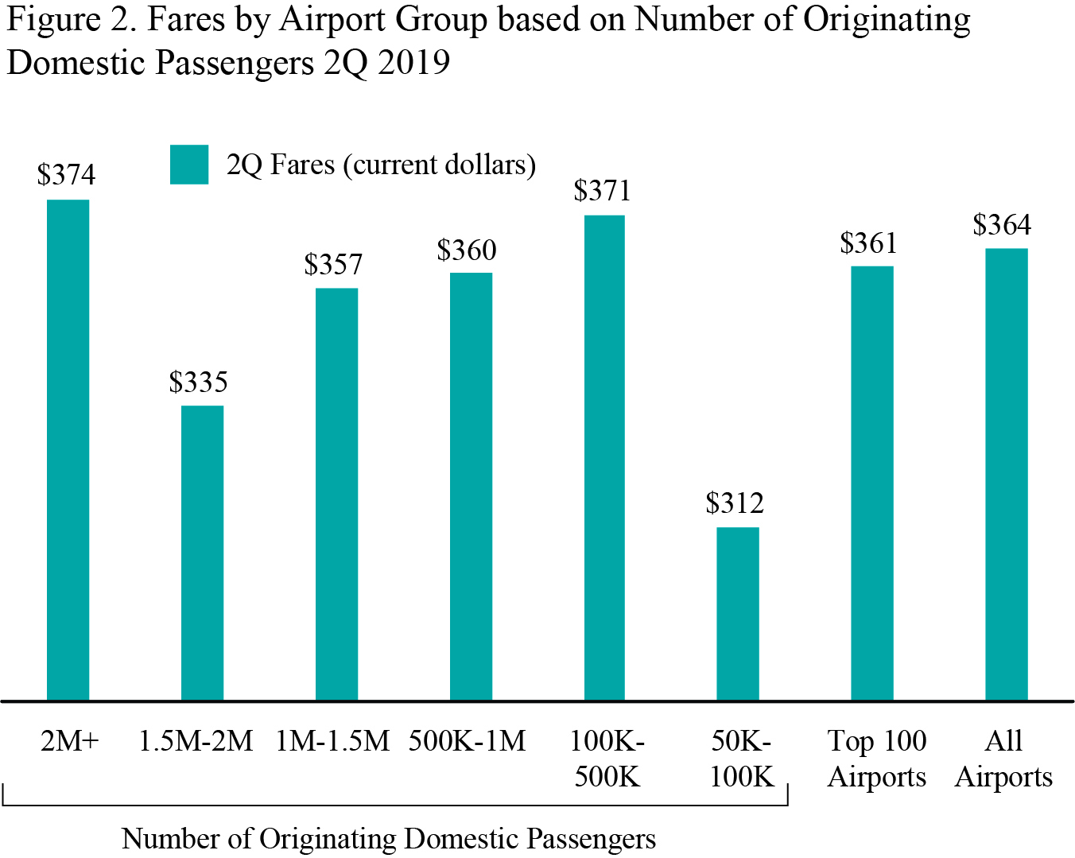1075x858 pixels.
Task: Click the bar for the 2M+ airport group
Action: pos(68,449)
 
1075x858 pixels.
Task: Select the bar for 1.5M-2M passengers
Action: pos(202,553)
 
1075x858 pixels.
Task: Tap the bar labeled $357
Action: pos(336,494)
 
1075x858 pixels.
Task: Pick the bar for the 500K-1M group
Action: pos(471,486)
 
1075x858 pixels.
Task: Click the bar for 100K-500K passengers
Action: pos(604,457)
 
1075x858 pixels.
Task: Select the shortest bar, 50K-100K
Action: pos(737,613)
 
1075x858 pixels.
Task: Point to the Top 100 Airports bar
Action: pos(871,483)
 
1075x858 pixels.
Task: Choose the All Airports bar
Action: pos(1006,474)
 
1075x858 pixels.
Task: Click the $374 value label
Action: pos(66,175)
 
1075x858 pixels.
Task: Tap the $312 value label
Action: pos(735,503)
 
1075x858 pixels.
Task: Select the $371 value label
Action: pos(602,191)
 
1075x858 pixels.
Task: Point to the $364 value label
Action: pos(1002,225)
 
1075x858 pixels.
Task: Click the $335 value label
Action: pos(198,382)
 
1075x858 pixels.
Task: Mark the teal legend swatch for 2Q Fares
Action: pos(189,165)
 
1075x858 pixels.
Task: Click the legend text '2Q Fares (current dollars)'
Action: pos(381,165)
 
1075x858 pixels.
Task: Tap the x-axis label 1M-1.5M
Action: pos(332,741)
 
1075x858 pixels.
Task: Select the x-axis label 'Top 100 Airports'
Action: pos(877,759)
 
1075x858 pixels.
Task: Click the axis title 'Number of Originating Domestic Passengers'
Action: pos(389,838)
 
